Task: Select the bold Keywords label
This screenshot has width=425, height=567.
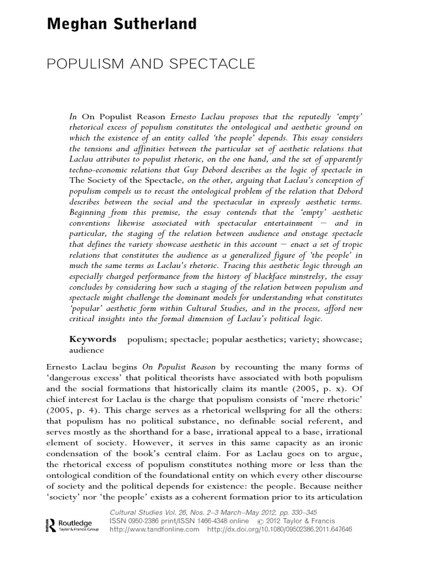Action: pyautogui.click(x=92, y=339)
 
